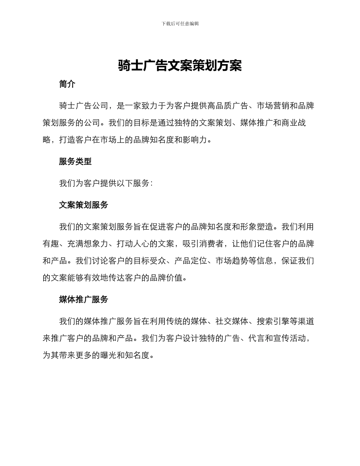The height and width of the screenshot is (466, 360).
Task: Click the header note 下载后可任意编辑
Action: pos(180,23)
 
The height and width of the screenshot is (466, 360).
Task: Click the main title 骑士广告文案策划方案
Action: pos(180,66)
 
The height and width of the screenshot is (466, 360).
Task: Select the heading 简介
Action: pos(67,84)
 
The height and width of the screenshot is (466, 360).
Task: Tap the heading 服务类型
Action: pos(75,161)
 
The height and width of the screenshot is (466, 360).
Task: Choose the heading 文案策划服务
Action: pos(84,205)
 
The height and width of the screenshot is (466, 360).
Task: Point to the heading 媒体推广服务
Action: pos(84,300)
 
